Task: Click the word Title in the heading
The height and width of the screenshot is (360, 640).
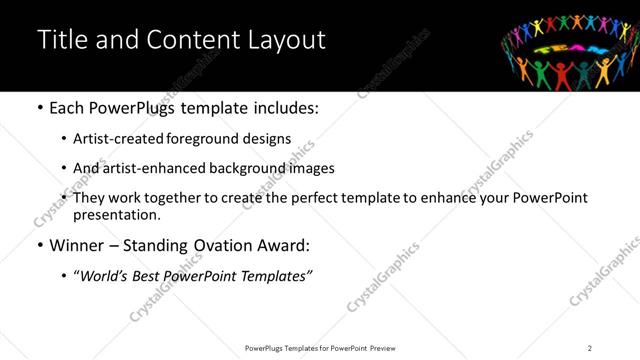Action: click(x=61, y=41)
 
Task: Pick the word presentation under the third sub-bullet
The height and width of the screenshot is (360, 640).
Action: click(x=116, y=215)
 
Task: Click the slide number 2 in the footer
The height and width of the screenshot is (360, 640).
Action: click(x=590, y=347)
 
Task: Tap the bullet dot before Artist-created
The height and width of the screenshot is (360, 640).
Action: click(x=65, y=140)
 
